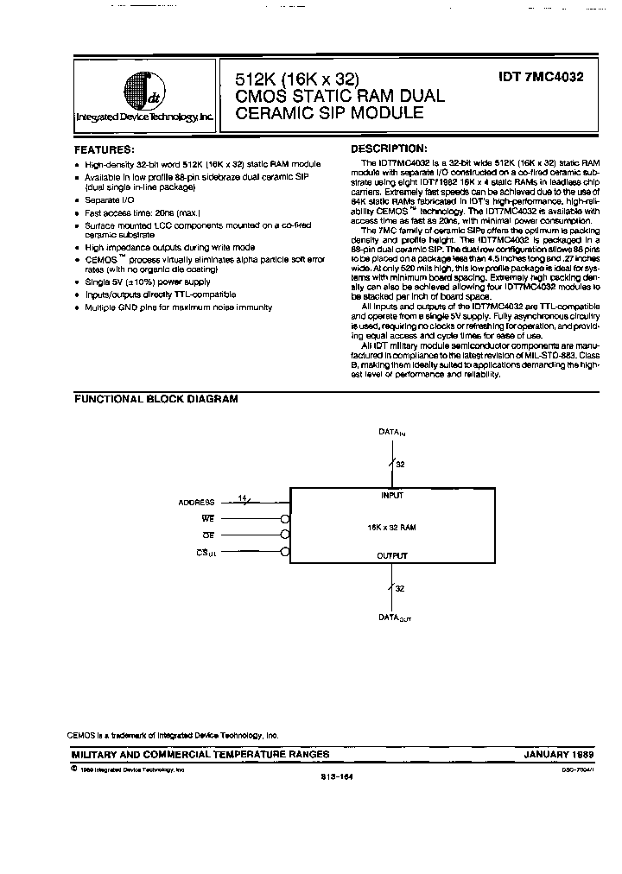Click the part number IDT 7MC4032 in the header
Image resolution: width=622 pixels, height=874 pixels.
point(541,77)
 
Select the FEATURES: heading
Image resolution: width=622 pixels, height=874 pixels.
point(104,149)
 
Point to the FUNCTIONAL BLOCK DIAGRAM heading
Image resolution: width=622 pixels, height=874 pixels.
point(155,399)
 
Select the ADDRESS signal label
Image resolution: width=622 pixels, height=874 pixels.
point(196,502)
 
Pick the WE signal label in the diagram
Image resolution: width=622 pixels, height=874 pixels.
point(207,518)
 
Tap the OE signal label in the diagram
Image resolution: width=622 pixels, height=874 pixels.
point(207,535)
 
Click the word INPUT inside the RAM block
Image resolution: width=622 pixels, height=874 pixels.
point(392,496)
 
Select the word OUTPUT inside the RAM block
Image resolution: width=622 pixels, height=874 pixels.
point(392,555)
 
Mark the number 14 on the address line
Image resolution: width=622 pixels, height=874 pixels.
point(241,497)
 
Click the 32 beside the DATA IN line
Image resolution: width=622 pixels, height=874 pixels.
point(401,465)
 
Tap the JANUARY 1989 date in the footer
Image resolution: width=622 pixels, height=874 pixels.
point(558,754)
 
